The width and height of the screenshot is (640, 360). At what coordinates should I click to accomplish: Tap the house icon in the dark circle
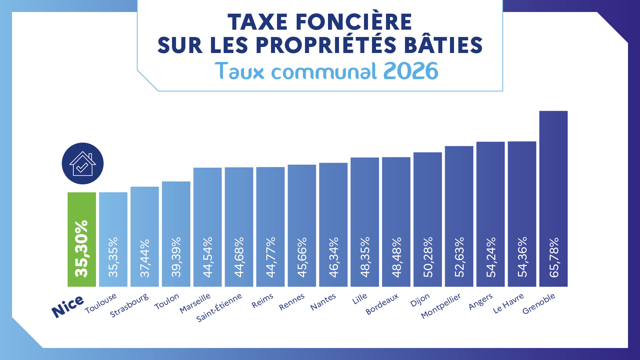83,164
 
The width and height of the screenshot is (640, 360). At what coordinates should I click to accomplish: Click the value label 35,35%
113,257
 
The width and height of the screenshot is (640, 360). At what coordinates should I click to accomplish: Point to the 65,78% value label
554,257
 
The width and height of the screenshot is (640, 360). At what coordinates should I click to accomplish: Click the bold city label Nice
68,306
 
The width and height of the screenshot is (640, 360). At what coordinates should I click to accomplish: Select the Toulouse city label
101,303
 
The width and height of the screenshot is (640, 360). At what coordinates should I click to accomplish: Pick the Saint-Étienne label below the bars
219,308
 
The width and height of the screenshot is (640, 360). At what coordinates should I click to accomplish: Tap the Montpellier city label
441,306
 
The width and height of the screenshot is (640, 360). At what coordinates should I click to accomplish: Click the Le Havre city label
508,303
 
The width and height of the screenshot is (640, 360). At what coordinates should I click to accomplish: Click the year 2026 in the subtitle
411,71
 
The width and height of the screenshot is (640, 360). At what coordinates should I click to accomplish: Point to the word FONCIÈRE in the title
354,22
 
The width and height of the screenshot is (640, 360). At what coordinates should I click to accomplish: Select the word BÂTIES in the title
443,45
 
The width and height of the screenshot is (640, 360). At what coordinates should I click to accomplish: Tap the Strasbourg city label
129,306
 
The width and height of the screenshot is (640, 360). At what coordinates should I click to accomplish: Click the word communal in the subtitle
324,71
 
